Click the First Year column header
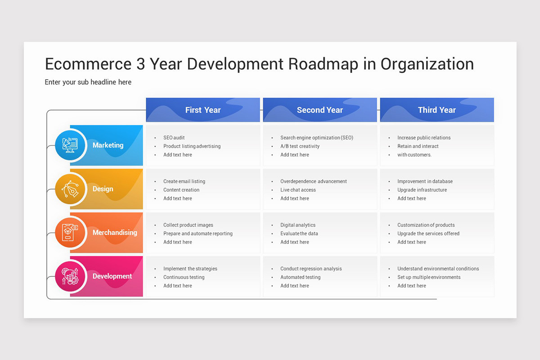coord(203,110)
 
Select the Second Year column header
coord(319,110)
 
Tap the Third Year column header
coord(436,110)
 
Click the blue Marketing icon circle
coord(70,145)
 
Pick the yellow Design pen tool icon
coord(70,189)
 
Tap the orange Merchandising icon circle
coord(70,232)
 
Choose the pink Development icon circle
coord(70,276)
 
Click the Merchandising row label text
coord(115,233)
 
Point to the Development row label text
coord(112,276)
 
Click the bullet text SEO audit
coord(174,138)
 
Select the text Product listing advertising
coord(192,146)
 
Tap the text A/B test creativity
coord(300,146)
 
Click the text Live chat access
coord(298,190)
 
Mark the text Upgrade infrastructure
coord(422,190)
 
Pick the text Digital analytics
coord(298,225)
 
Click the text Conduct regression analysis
coord(311,269)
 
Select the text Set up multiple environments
coord(429,277)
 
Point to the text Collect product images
coord(188,225)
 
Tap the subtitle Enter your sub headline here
coord(88,82)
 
